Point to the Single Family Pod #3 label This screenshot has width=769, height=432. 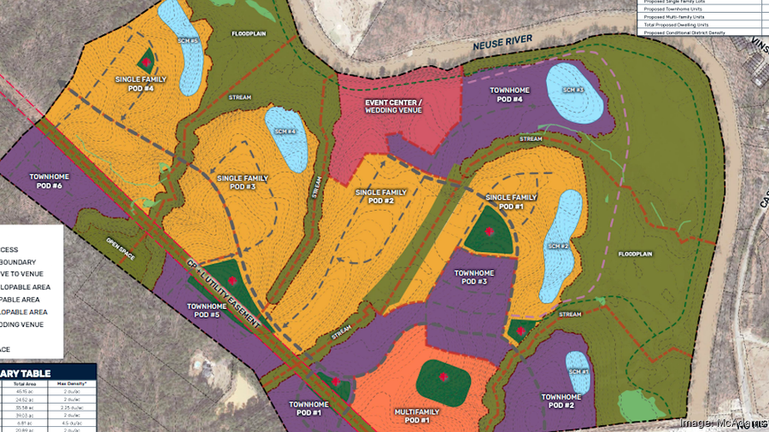pyautogui.click(x=243, y=183)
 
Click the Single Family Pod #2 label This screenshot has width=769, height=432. pyautogui.click(x=380, y=196)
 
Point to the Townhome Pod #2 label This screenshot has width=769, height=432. pyautogui.click(x=561, y=401)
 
